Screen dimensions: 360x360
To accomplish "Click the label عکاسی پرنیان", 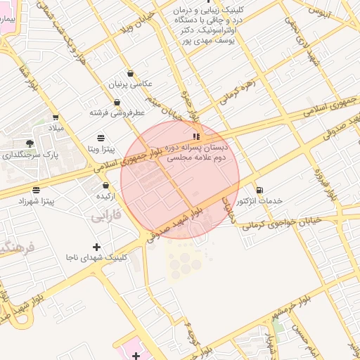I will (130, 84).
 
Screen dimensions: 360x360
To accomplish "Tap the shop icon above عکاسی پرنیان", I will (131, 73).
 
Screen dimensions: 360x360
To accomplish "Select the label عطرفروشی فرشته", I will (117, 112).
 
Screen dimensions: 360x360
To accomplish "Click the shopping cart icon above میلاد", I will (55, 117).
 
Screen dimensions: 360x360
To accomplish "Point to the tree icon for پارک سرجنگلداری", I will (29, 143).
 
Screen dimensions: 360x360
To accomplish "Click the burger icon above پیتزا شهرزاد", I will (36, 190).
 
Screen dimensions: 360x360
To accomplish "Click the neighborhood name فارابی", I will (106, 217).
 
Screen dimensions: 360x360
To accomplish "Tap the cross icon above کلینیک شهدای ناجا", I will (96, 247).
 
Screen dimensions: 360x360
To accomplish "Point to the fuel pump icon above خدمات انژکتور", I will (260, 190).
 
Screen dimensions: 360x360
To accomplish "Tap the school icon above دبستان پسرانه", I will (196, 136).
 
